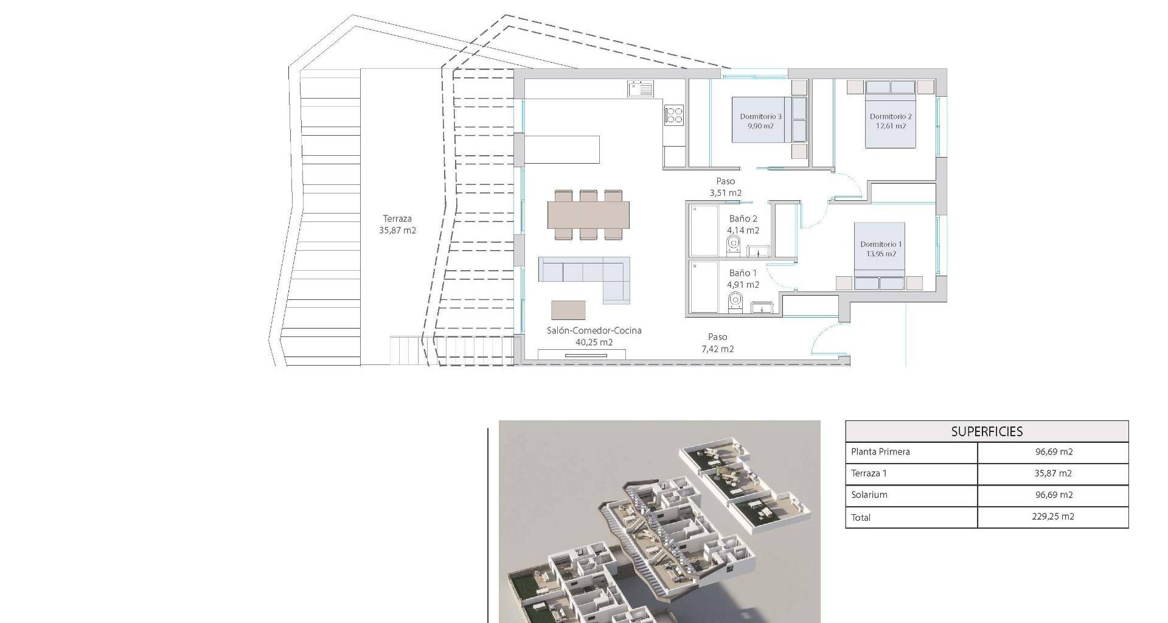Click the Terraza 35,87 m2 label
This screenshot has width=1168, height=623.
pos(397,224)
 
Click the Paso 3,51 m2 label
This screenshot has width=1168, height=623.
pos(725,187)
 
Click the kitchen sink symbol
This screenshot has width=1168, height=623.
pos(641,89)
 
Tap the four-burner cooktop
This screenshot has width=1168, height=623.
pos(673,114)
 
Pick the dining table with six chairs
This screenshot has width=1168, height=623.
pos(588,215)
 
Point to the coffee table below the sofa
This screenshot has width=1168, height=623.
pos(568,310)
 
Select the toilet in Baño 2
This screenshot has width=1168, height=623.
pos(733,247)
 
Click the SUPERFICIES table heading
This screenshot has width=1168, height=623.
pos(987,431)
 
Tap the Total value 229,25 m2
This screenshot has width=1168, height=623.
pos(1054,517)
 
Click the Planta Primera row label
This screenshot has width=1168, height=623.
pos(880,451)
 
